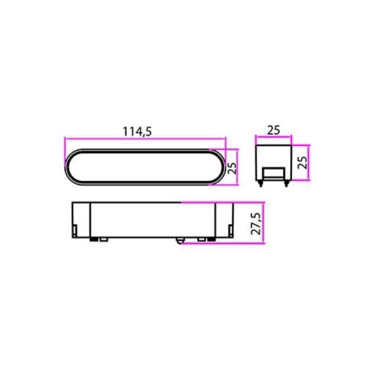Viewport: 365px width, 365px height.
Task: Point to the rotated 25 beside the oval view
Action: point(231,169)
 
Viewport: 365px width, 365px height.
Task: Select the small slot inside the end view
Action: point(273,173)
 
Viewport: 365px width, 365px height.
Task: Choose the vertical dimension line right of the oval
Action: point(238,169)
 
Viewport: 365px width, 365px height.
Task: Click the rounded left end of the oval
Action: point(68,169)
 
